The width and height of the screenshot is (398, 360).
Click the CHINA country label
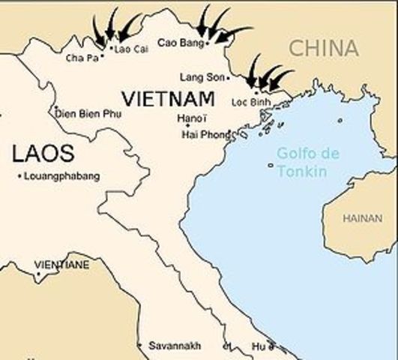[323, 49]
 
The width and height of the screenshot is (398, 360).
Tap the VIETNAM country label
[168, 98]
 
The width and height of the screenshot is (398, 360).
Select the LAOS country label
[43, 154]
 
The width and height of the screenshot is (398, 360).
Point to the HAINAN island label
[362, 218]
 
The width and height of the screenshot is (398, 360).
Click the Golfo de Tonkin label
[301, 162]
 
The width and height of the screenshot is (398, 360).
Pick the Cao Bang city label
[180, 43]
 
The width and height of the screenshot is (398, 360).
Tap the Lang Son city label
[201, 77]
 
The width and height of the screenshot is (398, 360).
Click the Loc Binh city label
[250, 102]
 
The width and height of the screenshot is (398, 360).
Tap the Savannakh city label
[175, 346]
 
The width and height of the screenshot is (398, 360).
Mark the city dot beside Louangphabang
[19, 176]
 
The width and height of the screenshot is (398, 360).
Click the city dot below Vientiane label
[37, 274]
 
